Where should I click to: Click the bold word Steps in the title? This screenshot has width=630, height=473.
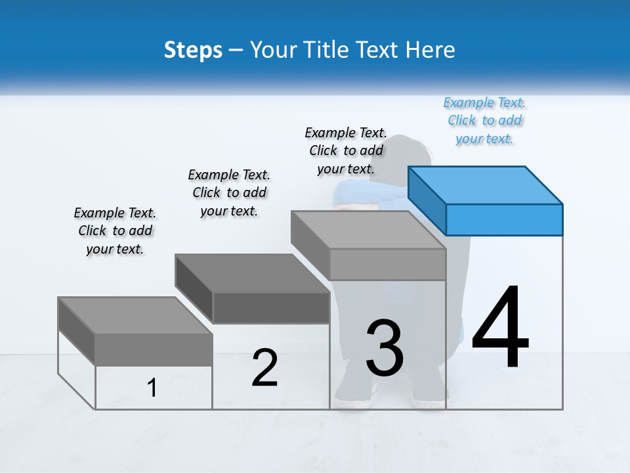193,50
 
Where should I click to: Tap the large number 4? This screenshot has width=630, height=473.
500,328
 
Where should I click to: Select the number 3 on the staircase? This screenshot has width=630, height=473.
385,348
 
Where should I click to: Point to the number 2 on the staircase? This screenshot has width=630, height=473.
264,369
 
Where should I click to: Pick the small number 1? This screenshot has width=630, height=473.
152,388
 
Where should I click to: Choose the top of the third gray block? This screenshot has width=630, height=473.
367,230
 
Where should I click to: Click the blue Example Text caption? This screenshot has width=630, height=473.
484,121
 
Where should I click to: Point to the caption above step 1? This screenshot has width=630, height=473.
115,231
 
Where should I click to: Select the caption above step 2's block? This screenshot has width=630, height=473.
229,192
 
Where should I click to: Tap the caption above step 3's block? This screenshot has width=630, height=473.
346,150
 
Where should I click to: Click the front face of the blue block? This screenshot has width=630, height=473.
504,219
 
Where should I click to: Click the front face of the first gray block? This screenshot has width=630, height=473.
154,349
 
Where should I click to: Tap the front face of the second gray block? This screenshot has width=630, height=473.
271,307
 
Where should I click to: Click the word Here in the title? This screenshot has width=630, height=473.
430,50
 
